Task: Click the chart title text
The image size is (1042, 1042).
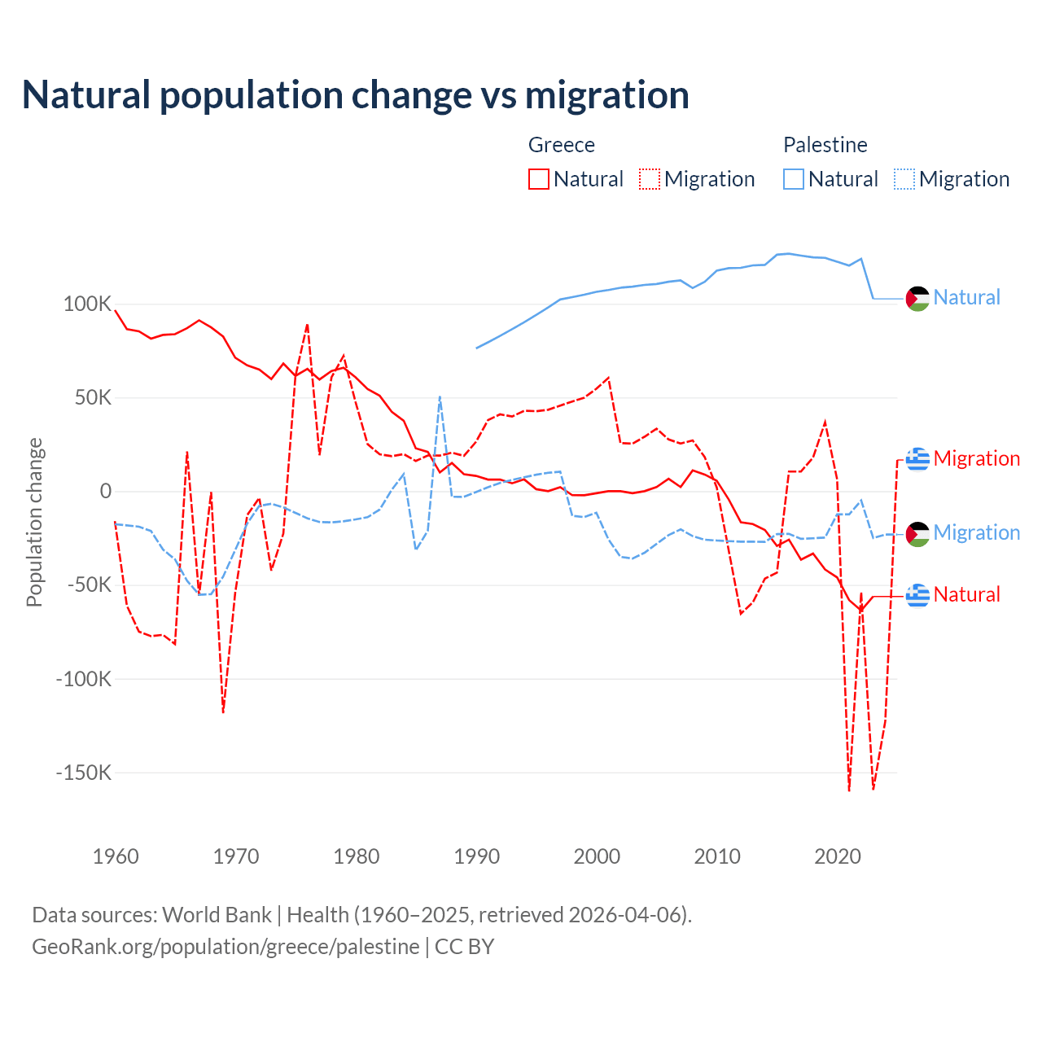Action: [x=355, y=95]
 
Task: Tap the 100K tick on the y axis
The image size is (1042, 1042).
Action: [x=87, y=304]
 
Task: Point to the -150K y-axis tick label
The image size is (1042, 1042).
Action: [x=83, y=773]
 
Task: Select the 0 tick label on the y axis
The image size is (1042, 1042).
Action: [x=105, y=492]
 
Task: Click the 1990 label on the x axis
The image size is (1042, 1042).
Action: [x=476, y=856]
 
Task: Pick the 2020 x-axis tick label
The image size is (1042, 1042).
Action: [x=838, y=856]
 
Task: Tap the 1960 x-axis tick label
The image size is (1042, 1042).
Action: [x=116, y=856]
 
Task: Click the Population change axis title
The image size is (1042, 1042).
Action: [x=34, y=523]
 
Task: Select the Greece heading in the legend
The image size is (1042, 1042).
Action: [x=561, y=145]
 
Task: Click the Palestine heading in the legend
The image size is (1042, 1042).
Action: [x=825, y=145]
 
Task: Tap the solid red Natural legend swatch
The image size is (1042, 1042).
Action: [x=539, y=179]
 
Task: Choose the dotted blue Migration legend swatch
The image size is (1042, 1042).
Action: [x=904, y=179]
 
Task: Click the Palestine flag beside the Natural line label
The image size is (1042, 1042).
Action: [x=917, y=299]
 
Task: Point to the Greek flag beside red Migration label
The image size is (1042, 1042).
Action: [x=917, y=459]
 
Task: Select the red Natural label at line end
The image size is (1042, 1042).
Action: [x=966, y=595]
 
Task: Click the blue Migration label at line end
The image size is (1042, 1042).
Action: [x=976, y=533]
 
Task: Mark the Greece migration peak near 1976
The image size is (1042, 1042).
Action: [x=307, y=325]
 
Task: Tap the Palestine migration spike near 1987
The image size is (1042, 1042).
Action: [x=440, y=397]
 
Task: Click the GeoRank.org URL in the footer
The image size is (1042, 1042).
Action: [x=225, y=947]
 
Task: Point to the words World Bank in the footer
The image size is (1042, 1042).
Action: [x=217, y=915]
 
